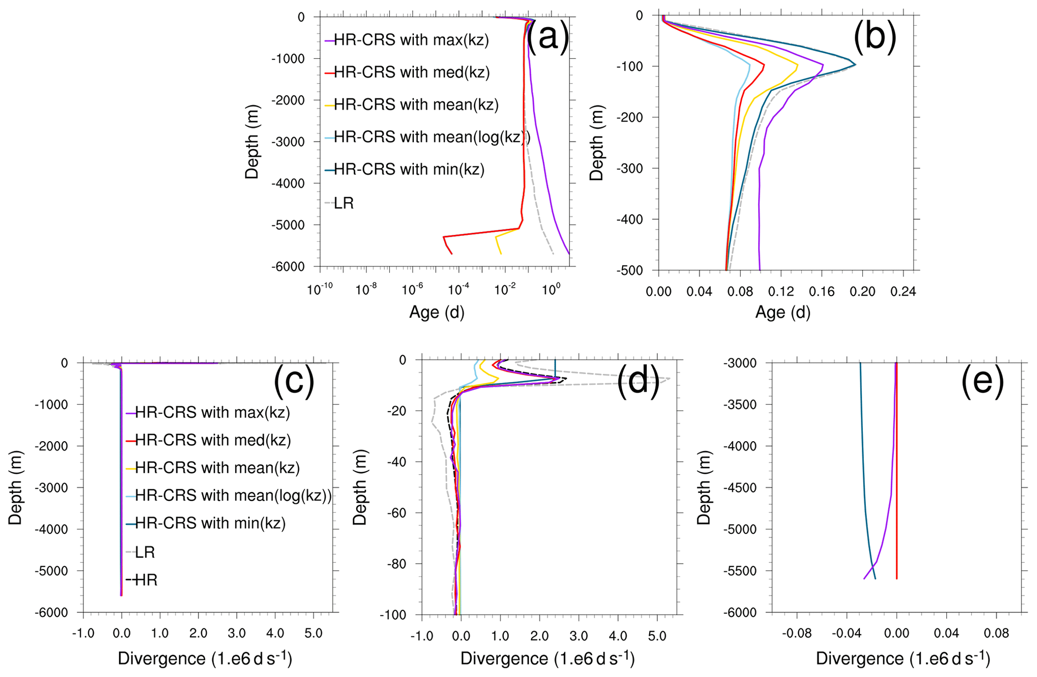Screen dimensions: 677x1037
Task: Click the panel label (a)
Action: click(548, 36)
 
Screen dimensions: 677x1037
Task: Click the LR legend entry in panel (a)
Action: click(344, 203)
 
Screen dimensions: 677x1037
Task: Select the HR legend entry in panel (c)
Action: click(146, 580)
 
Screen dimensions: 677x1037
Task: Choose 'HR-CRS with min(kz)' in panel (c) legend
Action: click(210, 523)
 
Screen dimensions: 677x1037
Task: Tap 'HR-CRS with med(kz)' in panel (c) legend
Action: click(213, 440)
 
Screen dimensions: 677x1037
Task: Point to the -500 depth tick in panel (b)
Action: click(636, 270)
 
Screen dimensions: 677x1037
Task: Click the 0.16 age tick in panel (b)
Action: click(821, 292)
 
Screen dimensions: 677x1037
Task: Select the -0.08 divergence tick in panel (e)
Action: click(797, 634)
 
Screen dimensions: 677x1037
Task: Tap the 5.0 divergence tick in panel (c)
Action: click(314, 634)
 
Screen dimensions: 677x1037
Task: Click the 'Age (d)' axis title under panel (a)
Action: click(436, 313)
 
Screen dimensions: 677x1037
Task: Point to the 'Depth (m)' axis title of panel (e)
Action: click(704, 487)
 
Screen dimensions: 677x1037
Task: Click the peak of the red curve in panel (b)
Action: click(764, 65)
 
